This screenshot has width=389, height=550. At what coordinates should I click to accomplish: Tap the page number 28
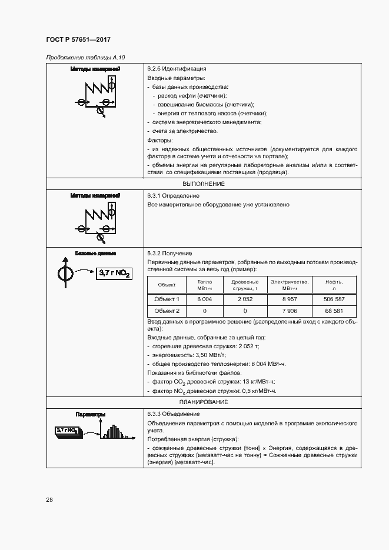pos(49,500)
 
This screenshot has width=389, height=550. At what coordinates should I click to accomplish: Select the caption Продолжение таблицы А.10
pos(85,57)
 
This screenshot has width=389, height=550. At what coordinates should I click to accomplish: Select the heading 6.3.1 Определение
pos(173,195)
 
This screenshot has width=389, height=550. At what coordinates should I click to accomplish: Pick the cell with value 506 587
pos(334,299)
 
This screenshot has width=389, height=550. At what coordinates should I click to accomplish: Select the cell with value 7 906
pos(289,311)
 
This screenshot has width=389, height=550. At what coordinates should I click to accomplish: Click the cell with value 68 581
pos(334,311)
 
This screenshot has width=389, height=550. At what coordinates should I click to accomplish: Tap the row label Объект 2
pos(167,311)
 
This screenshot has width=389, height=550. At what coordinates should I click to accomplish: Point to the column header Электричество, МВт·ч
pos(289,285)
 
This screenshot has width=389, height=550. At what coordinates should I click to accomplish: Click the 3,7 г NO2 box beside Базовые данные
pos(114,274)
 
